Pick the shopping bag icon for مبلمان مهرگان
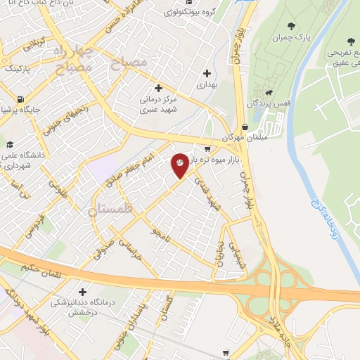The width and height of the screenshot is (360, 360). pos(244,127)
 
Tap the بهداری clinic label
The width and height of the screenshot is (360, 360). pos(207,84)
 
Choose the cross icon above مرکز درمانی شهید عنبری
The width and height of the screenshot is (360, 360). pos(159,89)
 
